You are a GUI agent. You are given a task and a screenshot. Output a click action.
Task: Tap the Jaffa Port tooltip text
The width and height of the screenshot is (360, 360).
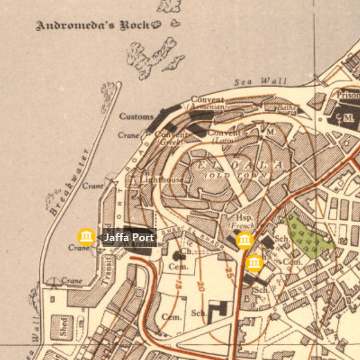click(129, 238)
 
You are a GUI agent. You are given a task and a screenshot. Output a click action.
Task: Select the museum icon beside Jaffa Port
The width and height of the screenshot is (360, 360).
click(86, 236)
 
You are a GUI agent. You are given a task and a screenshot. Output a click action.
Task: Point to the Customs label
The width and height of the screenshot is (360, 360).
click(136, 116)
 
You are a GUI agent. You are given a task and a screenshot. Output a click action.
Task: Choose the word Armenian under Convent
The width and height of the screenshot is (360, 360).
click(206, 107)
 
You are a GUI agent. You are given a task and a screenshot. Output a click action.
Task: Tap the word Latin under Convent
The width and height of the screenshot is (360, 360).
click(223, 140)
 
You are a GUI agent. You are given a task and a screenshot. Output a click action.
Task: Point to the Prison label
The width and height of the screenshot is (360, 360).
click(348, 95)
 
